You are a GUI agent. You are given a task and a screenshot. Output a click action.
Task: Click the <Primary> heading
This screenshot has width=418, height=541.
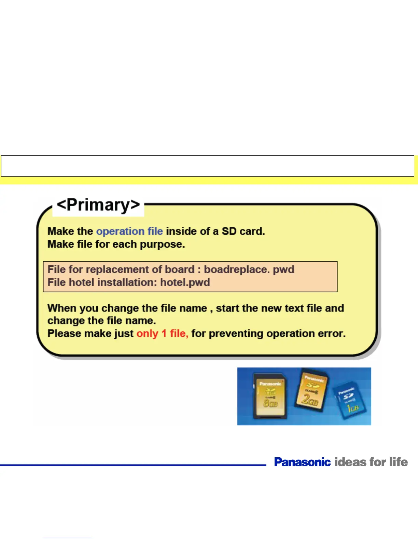(x=98, y=205)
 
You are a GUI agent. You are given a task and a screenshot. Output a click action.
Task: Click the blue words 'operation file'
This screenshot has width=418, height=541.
(x=130, y=231)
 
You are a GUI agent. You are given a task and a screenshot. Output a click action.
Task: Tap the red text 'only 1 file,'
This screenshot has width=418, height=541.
(x=162, y=334)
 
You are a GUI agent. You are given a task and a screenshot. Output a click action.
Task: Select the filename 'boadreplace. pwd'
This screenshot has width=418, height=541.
(x=249, y=269)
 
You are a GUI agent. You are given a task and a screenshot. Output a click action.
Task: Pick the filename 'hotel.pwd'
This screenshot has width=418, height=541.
(x=185, y=282)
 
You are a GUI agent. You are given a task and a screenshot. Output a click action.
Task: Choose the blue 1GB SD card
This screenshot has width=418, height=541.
(x=350, y=400)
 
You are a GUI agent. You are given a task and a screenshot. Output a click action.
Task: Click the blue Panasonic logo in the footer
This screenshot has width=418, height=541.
(x=303, y=462)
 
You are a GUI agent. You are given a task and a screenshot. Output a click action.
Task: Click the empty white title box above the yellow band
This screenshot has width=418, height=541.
(x=207, y=166)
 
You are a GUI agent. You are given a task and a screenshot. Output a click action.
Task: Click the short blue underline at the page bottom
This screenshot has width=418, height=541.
(x=68, y=538)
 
